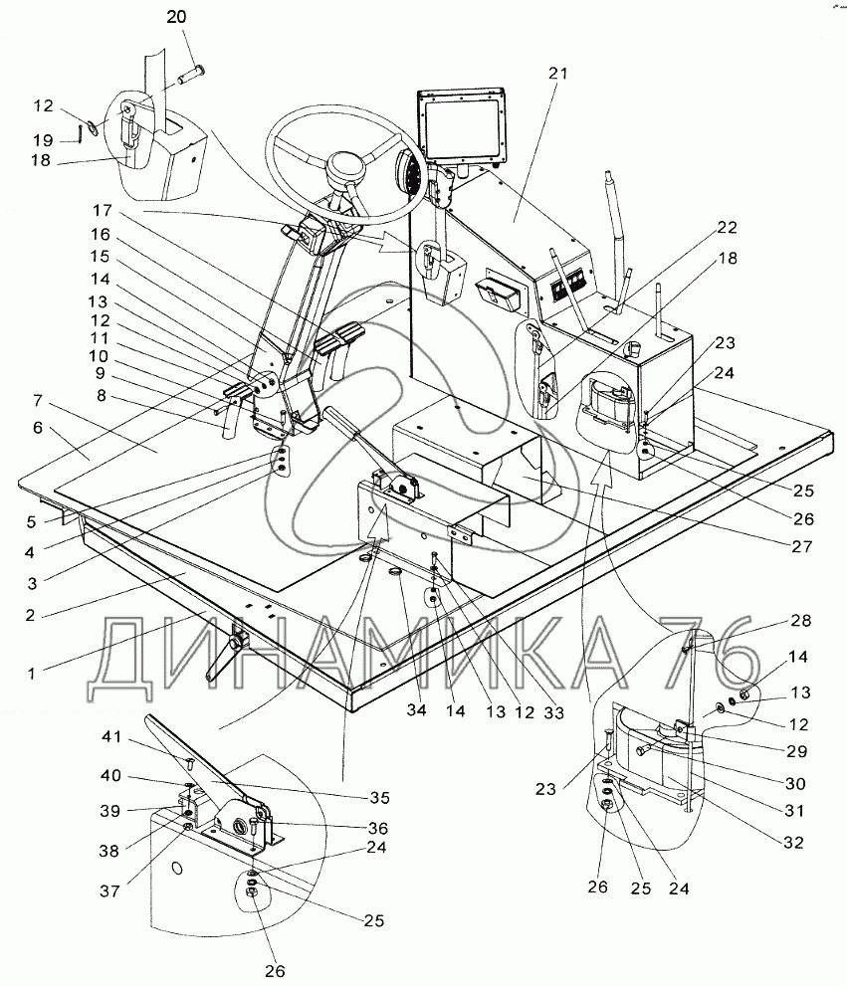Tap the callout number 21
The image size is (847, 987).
[x=557, y=73]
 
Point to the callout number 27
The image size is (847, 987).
[x=803, y=546]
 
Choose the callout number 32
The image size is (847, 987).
[x=792, y=840]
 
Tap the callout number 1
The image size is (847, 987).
[x=33, y=674]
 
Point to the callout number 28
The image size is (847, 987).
[x=801, y=621]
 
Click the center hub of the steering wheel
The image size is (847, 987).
[x=349, y=165]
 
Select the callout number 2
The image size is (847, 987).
[x=33, y=614]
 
